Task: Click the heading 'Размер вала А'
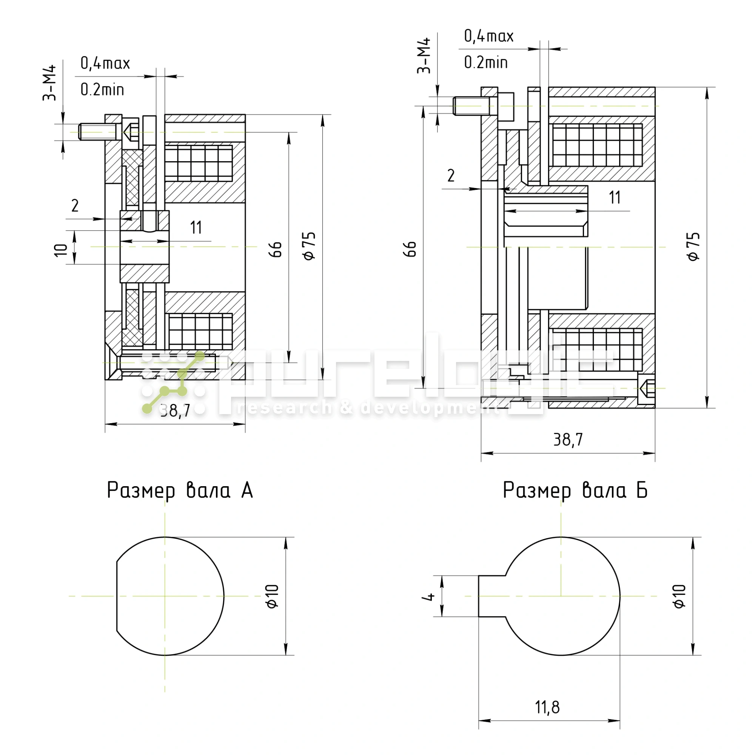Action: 180,490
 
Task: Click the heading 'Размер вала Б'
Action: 575,490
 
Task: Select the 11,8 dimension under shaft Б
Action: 547,707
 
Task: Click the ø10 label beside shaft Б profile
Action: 679,596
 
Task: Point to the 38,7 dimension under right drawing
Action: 568,440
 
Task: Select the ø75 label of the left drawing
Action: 309,246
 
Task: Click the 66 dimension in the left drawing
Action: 276,249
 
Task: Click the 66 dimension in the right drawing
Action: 410,249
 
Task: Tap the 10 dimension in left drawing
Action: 60,250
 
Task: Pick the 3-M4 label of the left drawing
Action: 49,83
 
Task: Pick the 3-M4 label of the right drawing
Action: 424,55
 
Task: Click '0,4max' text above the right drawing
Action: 488,36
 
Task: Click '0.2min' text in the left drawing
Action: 102,90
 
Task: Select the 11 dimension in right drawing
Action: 615,198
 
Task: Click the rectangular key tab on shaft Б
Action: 492,596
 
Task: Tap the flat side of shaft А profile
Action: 117,596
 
